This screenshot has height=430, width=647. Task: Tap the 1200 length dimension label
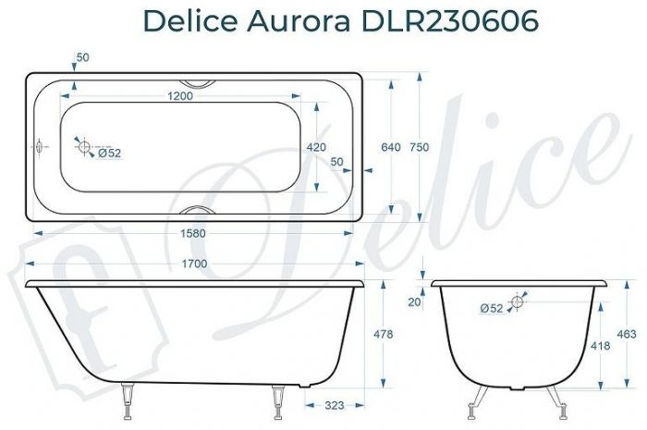[x=186, y=96]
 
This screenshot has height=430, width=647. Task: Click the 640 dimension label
[x=391, y=146]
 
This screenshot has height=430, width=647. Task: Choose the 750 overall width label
[x=421, y=146]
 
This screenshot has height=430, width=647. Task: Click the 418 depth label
[x=600, y=344]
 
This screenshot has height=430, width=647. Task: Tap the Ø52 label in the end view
[x=492, y=308]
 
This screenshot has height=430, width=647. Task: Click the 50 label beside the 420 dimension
[x=337, y=162]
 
